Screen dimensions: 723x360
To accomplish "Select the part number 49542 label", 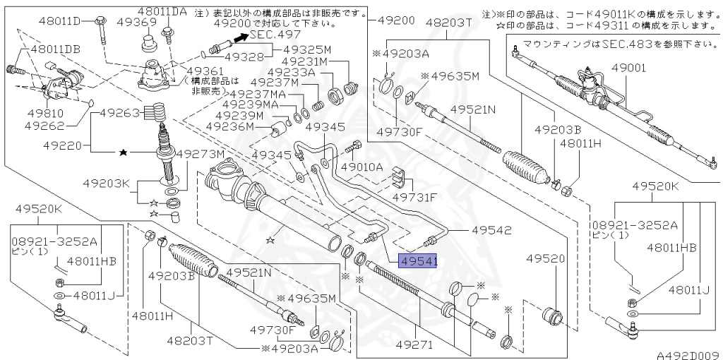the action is point(492,230).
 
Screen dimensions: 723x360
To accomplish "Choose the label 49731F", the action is point(414,197).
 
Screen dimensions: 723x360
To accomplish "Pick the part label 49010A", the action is point(361,167).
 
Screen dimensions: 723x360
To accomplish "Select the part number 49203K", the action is point(105,184).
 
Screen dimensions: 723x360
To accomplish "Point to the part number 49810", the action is point(44,113).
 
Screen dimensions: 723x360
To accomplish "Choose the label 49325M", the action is point(307,49).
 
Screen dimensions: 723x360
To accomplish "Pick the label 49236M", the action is point(229,126).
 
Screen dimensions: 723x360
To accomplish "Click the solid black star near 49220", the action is point(124,152).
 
